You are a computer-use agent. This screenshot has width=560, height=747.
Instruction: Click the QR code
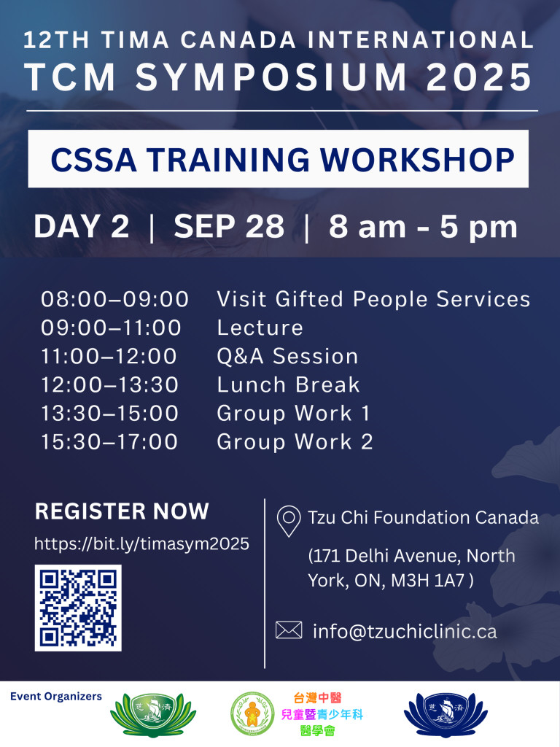[x=78, y=608]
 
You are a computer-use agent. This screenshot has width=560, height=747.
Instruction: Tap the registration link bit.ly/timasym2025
[x=142, y=543]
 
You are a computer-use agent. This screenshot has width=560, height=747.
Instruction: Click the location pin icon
[x=289, y=521]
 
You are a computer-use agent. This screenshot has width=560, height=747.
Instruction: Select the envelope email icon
[x=289, y=630]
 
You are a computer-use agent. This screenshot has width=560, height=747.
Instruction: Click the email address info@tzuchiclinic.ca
[x=405, y=631]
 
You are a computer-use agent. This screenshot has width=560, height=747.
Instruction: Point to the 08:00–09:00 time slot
[x=114, y=299]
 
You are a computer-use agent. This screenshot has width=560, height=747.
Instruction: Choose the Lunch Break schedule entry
[x=288, y=385]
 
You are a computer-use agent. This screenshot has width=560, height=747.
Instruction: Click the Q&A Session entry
[x=287, y=356]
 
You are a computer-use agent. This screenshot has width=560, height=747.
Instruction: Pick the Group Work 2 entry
[x=295, y=442]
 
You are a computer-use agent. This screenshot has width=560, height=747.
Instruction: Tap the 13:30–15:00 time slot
[x=109, y=414]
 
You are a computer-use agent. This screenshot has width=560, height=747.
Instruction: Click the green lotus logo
[x=153, y=715]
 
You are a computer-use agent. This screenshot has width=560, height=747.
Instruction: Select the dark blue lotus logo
[x=446, y=715]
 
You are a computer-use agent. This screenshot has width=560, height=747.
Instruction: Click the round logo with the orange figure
[x=252, y=714]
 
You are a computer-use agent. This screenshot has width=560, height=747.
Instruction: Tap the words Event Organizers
[x=56, y=697]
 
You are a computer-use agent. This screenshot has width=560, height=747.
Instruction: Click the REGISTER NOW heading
[x=122, y=511]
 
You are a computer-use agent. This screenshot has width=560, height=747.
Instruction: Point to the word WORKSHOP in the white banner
[x=418, y=159]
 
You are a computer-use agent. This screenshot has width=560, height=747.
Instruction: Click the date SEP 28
[x=229, y=226]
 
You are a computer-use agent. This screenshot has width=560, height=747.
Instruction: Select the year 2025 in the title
[x=479, y=77]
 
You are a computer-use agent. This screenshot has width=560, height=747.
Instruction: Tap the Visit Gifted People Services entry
[x=374, y=299]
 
